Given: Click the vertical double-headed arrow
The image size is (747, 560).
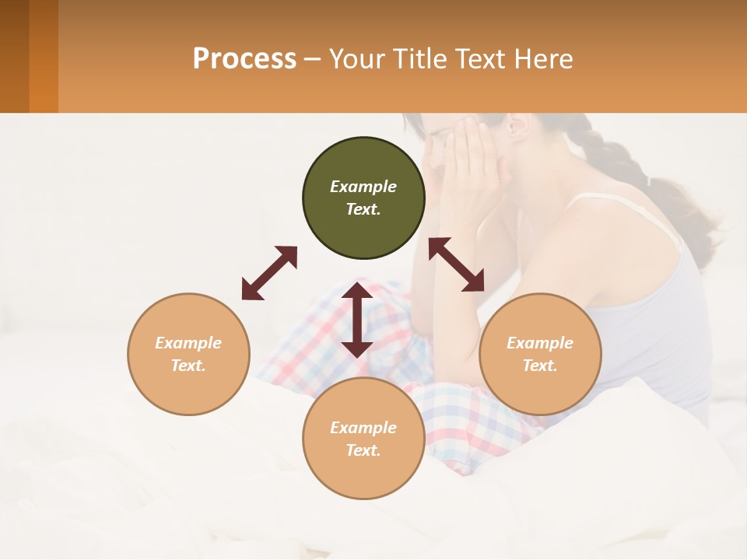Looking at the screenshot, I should pyautogui.click(x=357, y=320).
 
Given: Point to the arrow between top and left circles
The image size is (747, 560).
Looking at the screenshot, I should pyautogui.click(x=269, y=273).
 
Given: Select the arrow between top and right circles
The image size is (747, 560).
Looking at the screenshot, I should pyautogui.click(x=456, y=264).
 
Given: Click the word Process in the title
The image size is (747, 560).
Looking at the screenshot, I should pyautogui.click(x=244, y=58).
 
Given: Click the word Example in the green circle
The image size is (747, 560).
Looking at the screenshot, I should pyautogui.click(x=363, y=187).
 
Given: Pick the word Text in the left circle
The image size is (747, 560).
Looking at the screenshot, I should pyautogui.click(x=188, y=366).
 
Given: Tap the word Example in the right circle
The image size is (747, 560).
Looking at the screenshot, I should pyautogui.click(x=540, y=343).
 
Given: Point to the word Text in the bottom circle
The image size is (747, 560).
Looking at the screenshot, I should pyautogui.click(x=363, y=450).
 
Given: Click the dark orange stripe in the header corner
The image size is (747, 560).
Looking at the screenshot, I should pyautogui.click(x=44, y=56).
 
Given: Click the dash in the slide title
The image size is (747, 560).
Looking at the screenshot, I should pyautogui.click(x=312, y=59).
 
